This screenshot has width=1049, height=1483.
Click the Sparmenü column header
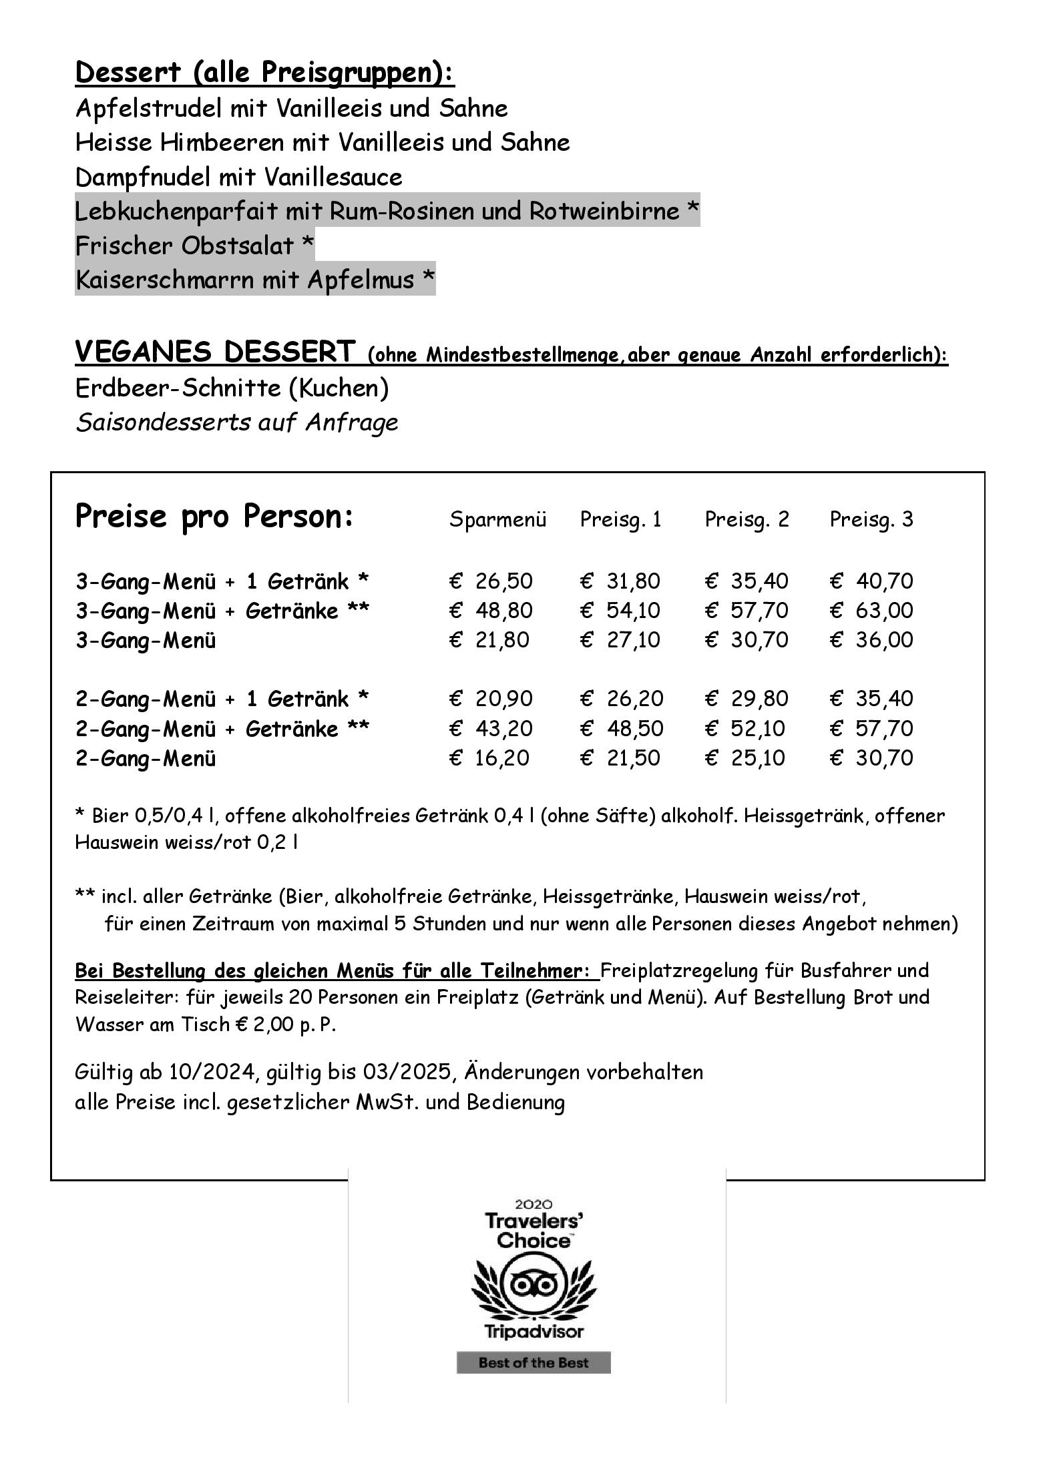(x=497, y=519)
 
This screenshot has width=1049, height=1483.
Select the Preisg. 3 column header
(x=871, y=519)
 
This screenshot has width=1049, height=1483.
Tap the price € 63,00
(x=871, y=610)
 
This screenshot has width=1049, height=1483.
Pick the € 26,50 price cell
(x=491, y=581)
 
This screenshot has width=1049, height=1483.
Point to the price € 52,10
(x=745, y=728)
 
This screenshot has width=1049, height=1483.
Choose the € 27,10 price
(x=620, y=639)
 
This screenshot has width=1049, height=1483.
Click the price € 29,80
(x=747, y=699)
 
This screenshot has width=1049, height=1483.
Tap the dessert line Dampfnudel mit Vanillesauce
(x=238, y=178)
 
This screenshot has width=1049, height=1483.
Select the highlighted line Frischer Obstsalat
(x=194, y=246)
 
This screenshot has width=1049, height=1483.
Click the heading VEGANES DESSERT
(x=215, y=352)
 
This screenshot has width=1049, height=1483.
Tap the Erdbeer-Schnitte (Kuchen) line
(x=232, y=388)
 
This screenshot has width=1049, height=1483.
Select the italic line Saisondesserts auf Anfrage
(x=236, y=422)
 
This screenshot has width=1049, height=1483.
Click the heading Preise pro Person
(x=214, y=516)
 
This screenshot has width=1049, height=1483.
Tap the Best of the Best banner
(x=534, y=1363)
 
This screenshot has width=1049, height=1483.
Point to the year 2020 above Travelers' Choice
(x=534, y=1205)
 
